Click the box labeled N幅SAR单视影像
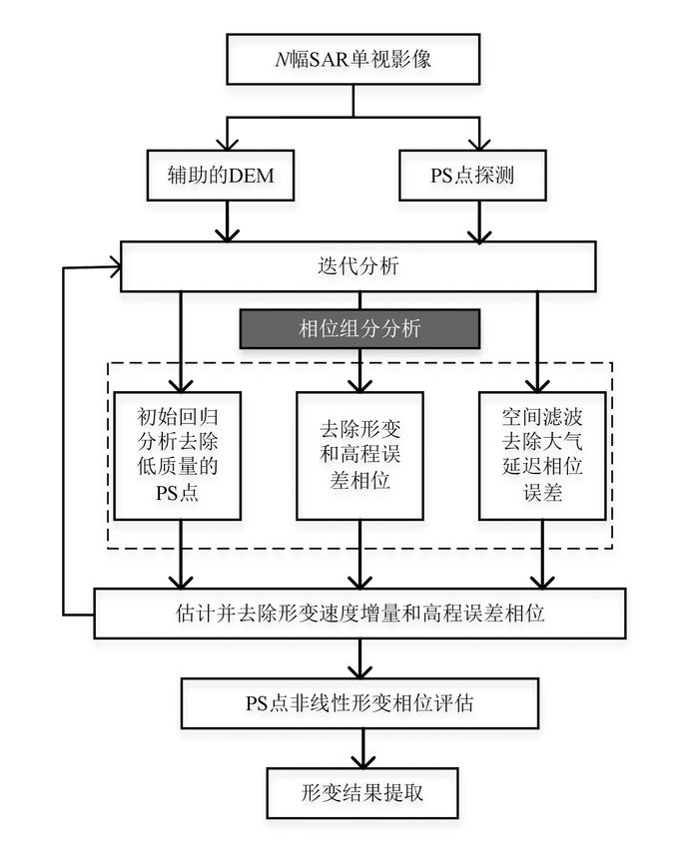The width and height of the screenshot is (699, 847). pyautogui.click(x=353, y=60)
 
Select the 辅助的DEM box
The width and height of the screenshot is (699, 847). pyautogui.click(x=229, y=177)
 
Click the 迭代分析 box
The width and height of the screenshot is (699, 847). pyautogui.click(x=358, y=267)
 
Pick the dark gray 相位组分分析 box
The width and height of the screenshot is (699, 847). pyautogui.click(x=359, y=327)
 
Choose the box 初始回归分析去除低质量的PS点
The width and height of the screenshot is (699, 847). pyautogui.click(x=179, y=455)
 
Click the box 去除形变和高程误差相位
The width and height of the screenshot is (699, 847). pyautogui.click(x=359, y=455)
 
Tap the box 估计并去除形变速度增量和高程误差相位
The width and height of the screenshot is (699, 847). pyautogui.click(x=359, y=612)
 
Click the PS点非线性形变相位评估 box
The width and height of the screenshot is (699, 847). pyautogui.click(x=359, y=703)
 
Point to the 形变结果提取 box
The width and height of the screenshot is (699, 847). pyautogui.click(x=359, y=793)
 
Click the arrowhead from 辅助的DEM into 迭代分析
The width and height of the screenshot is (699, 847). pyautogui.click(x=229, y=234)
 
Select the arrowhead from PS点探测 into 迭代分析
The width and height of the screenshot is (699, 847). pyautogui.click(x=480, y=234)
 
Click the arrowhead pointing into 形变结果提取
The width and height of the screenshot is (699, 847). pyautogui.click(x=359, y=761)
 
